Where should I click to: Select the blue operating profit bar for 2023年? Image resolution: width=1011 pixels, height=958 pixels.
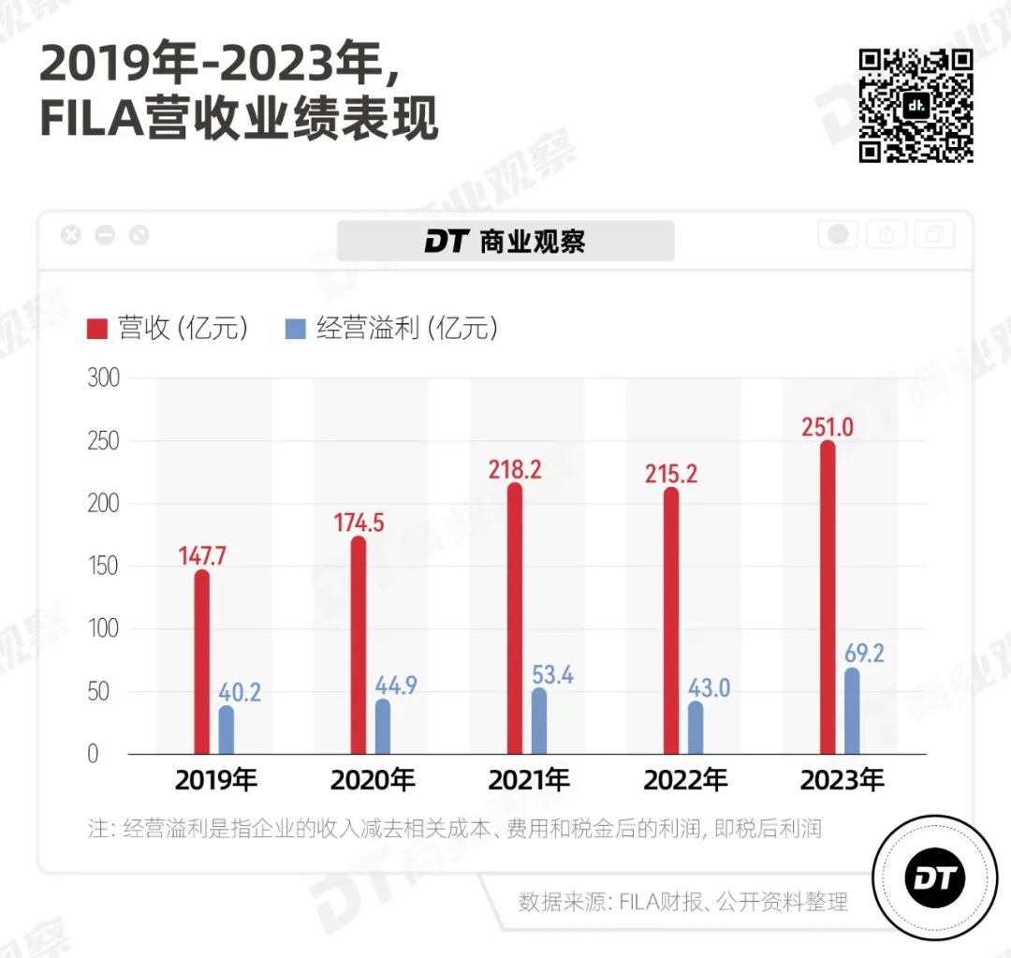852,711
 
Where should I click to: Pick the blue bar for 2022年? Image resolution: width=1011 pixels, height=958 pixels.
695,728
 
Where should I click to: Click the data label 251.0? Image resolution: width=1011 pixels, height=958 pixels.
827,427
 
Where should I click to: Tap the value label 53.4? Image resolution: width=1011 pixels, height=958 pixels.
552,673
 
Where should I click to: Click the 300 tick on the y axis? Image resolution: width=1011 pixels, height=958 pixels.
104,378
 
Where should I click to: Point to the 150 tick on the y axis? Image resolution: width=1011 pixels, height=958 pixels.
104,567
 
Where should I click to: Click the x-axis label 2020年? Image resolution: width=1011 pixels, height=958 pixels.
373,779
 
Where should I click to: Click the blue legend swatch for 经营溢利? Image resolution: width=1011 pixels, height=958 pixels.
295,329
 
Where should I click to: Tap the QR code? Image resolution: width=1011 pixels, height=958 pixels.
916,105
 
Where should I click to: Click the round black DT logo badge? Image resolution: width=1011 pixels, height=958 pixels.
932,877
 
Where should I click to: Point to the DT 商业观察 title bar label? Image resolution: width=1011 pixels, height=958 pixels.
505,241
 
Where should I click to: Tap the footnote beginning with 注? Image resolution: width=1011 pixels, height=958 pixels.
455,829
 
